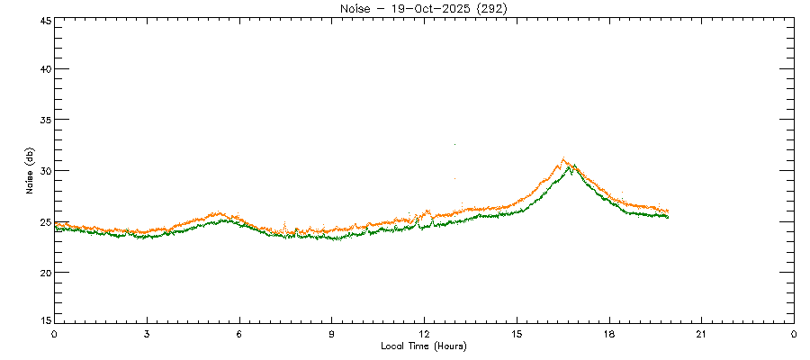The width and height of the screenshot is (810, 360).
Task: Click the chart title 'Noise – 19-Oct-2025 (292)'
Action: [422, 8]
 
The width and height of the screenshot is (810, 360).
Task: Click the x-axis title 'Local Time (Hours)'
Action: [423, 346]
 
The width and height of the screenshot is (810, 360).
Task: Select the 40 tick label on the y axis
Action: [43, 69]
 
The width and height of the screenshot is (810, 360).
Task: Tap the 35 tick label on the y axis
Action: [43, 120]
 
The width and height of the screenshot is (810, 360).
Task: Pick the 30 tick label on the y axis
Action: [43, 171]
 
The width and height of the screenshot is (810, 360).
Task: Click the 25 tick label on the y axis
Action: [43, 221]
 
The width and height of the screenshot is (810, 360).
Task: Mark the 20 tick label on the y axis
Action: [43, 273]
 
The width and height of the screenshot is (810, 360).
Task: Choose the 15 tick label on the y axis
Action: [43, 320]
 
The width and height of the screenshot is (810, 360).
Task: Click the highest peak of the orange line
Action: [563, 159]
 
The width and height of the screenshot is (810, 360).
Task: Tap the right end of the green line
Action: [668, 217]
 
